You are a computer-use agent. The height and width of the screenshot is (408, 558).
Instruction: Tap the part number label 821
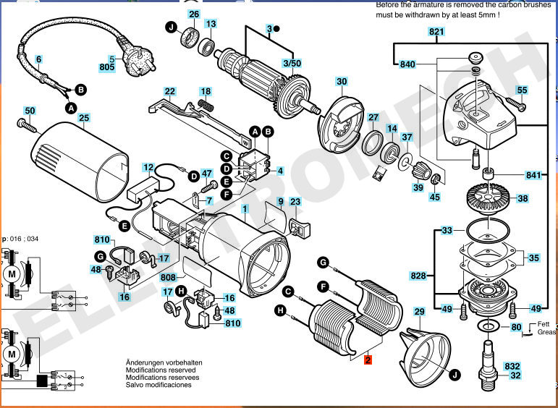tap(436, 32)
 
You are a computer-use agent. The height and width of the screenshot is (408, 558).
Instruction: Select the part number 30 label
tap(342, 81)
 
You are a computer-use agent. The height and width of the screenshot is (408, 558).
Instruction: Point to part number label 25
tap(84, 117)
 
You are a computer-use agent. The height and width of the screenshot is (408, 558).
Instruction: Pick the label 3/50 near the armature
tap(292, 64)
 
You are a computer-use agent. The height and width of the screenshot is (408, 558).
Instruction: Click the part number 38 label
tap(523, 197)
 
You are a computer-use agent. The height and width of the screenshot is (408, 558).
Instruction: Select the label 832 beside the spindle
tap(513, 366)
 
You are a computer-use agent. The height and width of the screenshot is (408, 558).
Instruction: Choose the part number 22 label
tap(169, 92)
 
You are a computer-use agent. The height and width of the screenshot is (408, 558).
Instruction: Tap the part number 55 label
tap(522, 90)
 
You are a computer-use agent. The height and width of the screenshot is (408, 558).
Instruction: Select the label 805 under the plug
tap(107, 68)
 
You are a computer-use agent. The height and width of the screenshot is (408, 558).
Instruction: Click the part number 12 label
tap(149, 167)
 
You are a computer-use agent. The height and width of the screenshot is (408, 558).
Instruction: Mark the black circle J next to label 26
tap(172, 28)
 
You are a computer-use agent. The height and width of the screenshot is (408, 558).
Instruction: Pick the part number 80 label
tap(516, 327)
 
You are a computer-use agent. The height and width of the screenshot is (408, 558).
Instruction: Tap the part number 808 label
tap(169, 277)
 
